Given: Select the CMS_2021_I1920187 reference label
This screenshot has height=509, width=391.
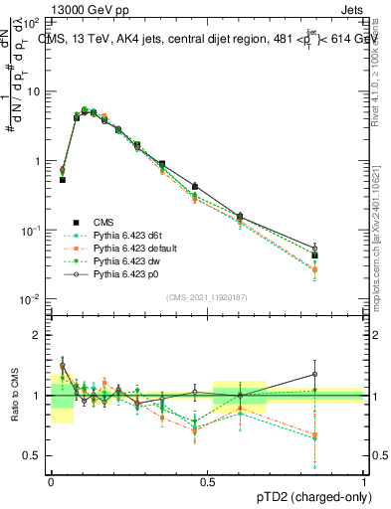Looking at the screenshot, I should [207, 296].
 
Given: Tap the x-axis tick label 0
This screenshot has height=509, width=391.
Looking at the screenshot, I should [51, 479].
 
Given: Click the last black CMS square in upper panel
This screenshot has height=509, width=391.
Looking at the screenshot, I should [342, 255].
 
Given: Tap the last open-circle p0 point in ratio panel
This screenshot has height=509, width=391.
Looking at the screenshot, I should [342, 375].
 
